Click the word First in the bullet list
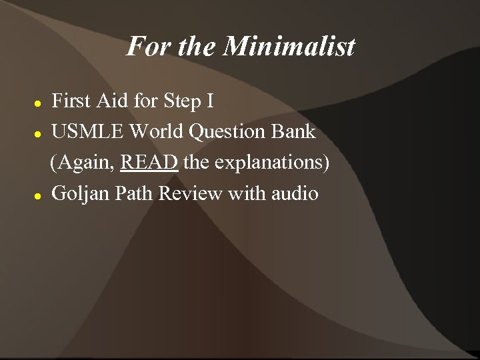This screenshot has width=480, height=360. coord(71,102)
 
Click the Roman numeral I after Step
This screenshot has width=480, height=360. coord(210,102)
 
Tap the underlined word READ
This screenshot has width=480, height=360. coord(150,163)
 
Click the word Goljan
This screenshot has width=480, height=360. coord(79,194)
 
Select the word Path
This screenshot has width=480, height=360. coord(131,194)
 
